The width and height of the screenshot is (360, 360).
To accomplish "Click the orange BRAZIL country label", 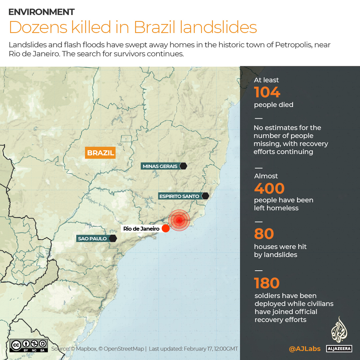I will (100, 153).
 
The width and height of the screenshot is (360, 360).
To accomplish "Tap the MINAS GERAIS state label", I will (160, 166).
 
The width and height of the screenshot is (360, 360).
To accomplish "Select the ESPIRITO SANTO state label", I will (179, 196).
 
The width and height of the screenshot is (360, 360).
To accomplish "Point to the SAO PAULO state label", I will (93, 238).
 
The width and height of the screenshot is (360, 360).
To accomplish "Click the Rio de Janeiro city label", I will (141, 229).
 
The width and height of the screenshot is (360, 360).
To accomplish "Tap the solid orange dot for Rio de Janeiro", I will (165, 228).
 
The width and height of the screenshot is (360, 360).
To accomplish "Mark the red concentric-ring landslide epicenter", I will (179, 220).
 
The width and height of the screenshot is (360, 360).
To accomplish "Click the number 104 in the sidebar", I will (267, 92).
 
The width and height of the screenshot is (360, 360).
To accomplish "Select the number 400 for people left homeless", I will (269, 188).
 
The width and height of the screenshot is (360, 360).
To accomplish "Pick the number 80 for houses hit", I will (264, 234).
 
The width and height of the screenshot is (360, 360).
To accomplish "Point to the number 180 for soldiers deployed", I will (267, 283).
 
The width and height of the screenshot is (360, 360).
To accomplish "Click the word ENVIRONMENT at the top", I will (41, 12).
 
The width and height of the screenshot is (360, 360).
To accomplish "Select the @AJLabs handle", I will (305, 349).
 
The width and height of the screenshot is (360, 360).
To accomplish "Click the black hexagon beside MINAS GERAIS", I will (183, 166).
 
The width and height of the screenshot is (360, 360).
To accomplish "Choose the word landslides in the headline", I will (218, 28).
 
